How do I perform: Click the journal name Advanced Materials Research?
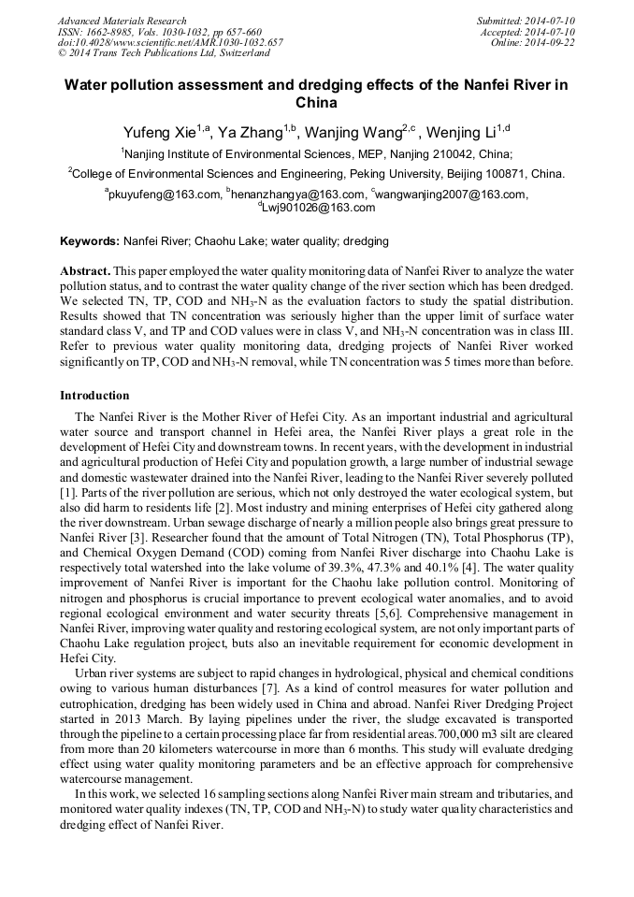point(122,21)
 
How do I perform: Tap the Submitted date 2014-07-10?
point(526,21)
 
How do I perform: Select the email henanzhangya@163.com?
point(287,195)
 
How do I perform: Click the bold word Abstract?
point(85,269)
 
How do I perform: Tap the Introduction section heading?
point(94,396)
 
